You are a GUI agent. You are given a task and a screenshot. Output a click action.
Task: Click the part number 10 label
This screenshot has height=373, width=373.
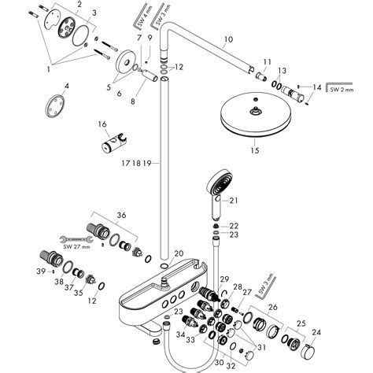228,39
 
